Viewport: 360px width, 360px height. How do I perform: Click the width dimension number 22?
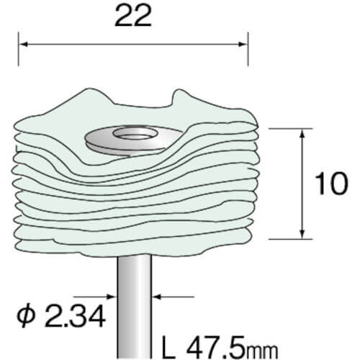coord(133,16)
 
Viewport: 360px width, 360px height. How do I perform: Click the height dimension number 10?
coord(331,184)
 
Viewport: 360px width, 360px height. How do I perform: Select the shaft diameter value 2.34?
coord(75,315)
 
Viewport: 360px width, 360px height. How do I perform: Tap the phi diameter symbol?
coord(26,315)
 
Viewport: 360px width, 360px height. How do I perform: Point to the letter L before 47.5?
coord(168,347)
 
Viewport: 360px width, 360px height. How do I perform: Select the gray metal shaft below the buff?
coord(135,307)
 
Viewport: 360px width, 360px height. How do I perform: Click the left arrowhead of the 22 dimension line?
coord(24,45)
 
